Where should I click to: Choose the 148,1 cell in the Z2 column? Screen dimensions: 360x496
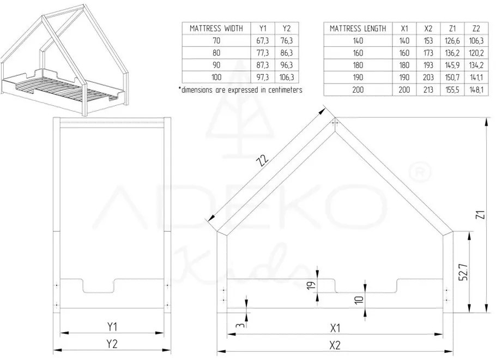pyautogui.click(x=476, y=90)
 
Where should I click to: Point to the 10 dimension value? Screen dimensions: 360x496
pyautogui.click(x=358, y=301)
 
